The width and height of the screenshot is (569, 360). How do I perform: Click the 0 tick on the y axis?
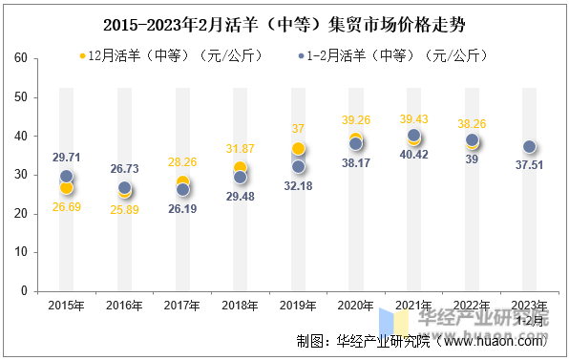pyautogui.click(x=22, y=291)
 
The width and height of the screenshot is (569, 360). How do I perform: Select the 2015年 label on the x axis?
pyautogui.click(x=66, y=306)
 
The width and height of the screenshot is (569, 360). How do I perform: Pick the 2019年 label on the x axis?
pyautogui.click(x=298, y=306)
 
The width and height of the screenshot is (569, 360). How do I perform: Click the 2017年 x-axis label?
pyautogui.click(x=182, y=306)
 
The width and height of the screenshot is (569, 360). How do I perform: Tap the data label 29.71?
pyautogui.click(x=66, y=157)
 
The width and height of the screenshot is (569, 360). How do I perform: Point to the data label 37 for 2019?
pyautogui.click(x=299, y=129)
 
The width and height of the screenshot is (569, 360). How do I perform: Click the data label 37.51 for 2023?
pyautogui.click(x=530, y=164)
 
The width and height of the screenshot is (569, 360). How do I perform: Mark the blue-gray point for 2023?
pyautogui.click(x=530, y=146)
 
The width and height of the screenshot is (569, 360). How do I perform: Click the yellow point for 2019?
pyautogui.click(x=299, y=149)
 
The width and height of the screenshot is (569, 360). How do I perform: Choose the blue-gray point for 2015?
pyautogui.click(x=66, y=177)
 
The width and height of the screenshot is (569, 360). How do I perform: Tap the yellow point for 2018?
pyautogui.click(x=241, y=169)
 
